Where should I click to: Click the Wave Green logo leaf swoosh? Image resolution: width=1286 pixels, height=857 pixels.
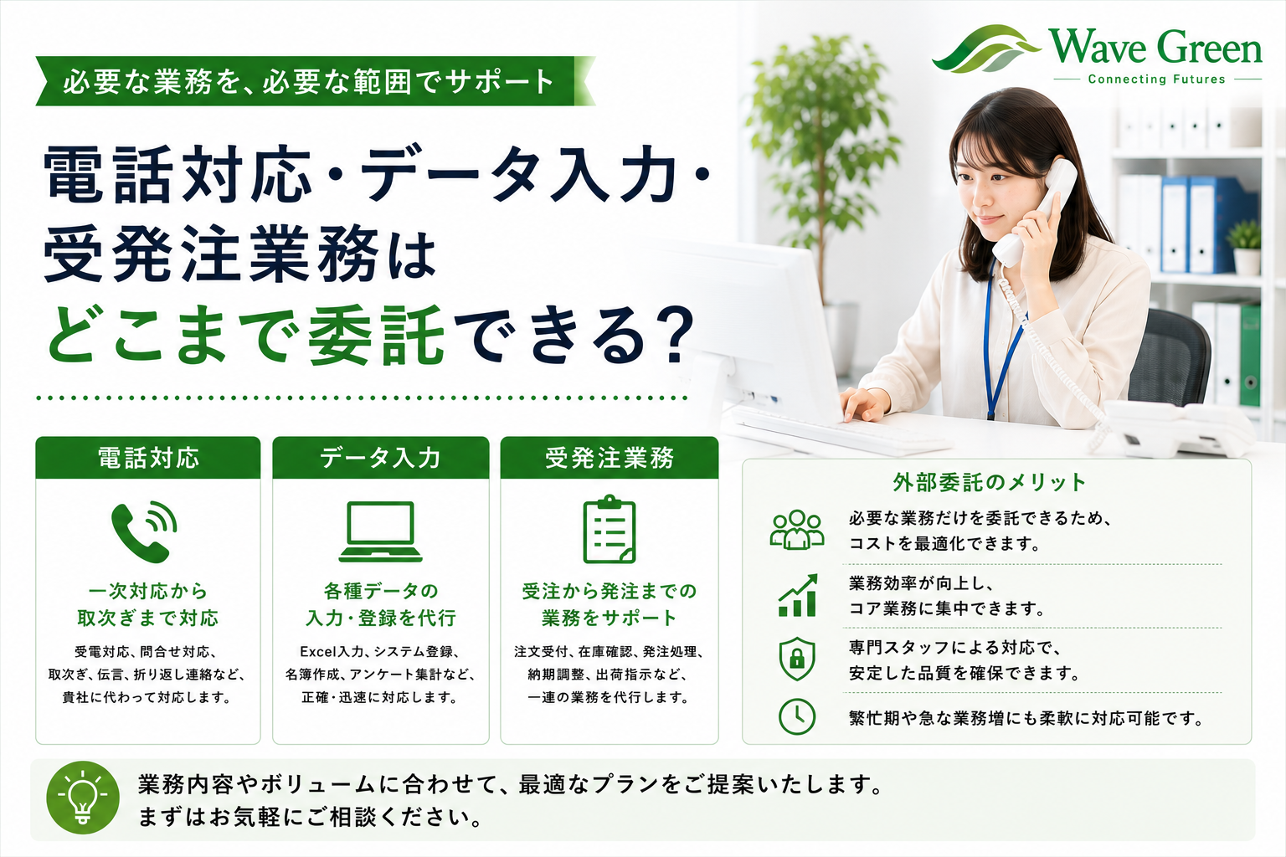985,49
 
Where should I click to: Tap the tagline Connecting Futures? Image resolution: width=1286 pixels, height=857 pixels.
1157,80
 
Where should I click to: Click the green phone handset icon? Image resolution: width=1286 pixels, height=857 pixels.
143,532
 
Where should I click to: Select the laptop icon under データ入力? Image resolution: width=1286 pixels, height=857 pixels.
380,531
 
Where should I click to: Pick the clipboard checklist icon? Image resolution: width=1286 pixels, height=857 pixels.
610,529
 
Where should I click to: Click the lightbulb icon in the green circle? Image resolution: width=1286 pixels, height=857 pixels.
83,798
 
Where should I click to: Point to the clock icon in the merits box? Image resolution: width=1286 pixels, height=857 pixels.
797,716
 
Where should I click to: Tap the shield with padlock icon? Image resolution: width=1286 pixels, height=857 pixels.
797,659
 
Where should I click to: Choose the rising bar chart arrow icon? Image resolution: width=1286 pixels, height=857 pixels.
797,595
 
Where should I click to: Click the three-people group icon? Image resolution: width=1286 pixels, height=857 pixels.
797,529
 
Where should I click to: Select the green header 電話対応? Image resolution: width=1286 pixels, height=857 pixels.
148,458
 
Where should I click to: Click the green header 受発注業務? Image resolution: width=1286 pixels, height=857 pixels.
610,458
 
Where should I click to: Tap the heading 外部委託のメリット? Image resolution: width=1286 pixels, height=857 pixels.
989,482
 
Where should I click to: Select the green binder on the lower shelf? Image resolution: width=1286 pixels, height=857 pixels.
1250,355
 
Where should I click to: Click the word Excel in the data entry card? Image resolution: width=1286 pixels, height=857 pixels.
318,651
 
